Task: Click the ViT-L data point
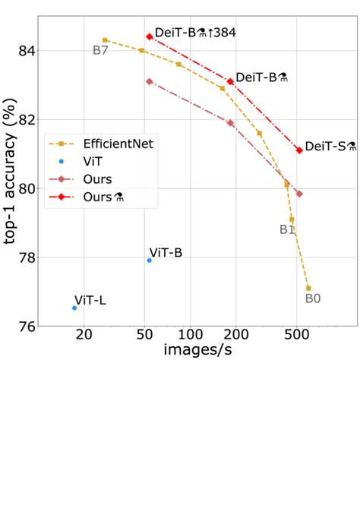[x=74, y=308]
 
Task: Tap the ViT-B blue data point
[x=149, y=260]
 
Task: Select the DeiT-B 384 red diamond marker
[x=150, y=36]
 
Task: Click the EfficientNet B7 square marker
[x=105, y=39]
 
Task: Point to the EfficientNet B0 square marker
[x=308, y=288]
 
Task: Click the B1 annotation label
[x=287, y=229]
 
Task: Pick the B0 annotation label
[x=313, y=298]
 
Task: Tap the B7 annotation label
[x=101, y=51]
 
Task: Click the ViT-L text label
[x=90, y=300]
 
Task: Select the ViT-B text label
[x=166, y=253]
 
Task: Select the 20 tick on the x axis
[x=84, y=335]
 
